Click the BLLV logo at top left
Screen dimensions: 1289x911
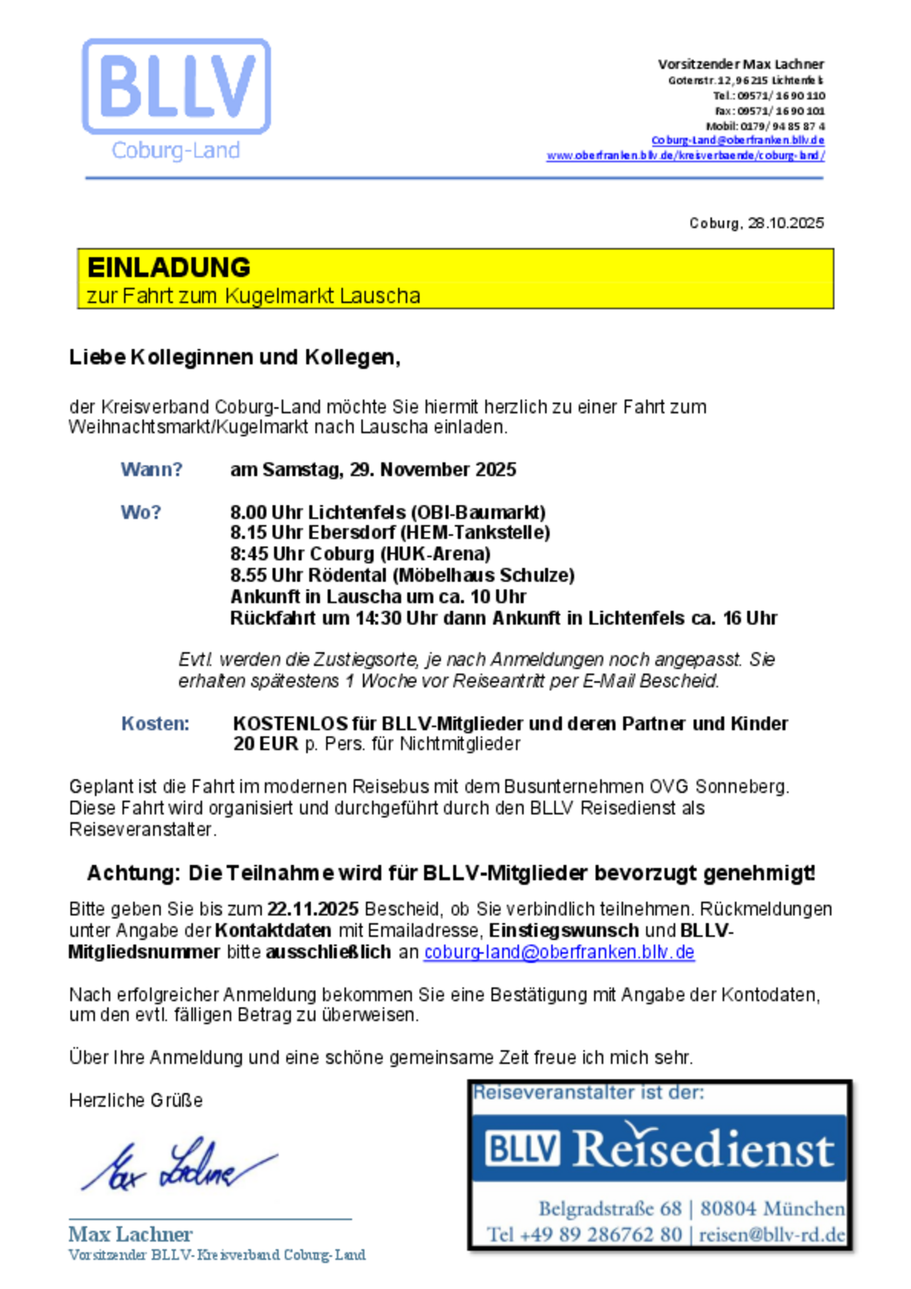(177, 87)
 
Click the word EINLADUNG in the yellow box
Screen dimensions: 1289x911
(168, 268)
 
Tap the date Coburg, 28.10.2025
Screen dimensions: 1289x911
(756, 223)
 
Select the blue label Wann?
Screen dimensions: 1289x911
(152, 469)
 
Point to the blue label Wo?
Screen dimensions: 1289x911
(141, 512)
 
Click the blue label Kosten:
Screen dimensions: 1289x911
(155, 724)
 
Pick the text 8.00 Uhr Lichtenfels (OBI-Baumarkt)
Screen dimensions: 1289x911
(388, 512)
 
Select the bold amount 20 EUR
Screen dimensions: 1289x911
(266, 744)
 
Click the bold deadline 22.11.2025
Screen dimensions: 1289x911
(313, 909)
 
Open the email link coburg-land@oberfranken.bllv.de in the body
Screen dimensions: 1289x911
(559, 952)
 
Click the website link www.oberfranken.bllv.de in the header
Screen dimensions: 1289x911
(685, 155)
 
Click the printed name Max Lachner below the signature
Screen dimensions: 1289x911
(130, 1234)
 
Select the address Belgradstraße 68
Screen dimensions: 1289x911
(611, 1207)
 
